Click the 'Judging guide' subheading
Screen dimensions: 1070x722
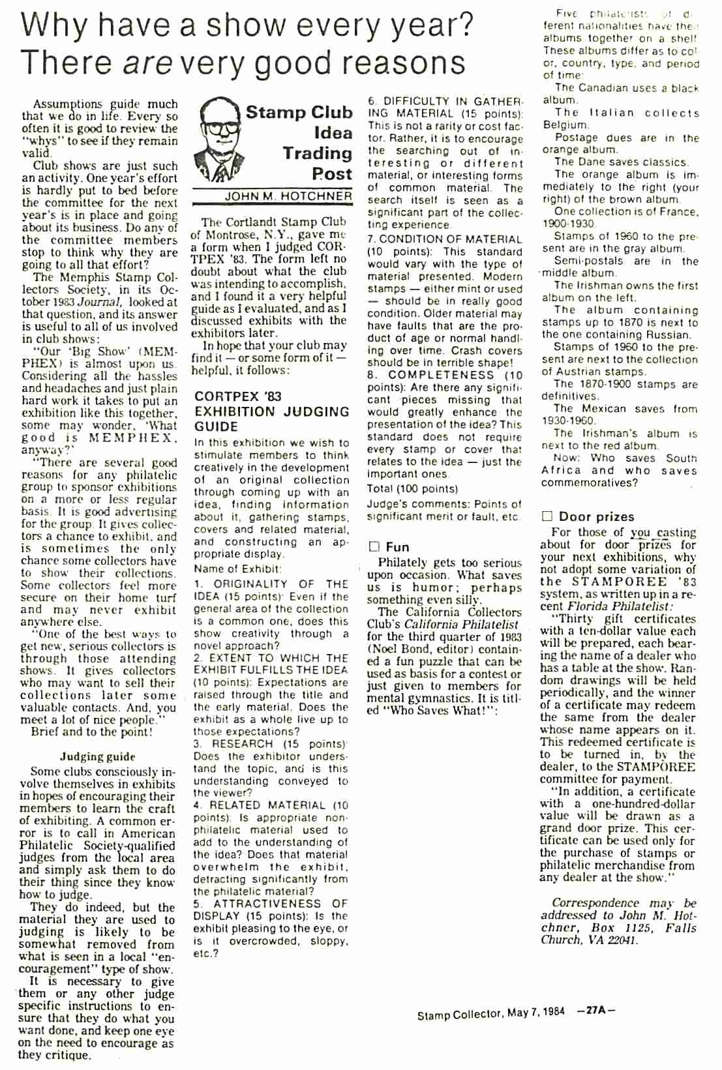point(97,756)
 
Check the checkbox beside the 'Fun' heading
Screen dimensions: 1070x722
point(374,546)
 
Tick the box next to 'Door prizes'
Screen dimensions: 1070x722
point(547,516)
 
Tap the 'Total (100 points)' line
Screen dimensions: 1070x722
point(412,488)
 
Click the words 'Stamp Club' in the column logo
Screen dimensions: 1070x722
point(299,112)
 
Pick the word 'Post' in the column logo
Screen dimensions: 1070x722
point(331,174)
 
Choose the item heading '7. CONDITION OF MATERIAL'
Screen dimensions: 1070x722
point(445,239)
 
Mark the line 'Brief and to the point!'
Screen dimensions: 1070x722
point(92,732)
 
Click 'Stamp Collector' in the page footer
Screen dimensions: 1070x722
point(459,1014)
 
